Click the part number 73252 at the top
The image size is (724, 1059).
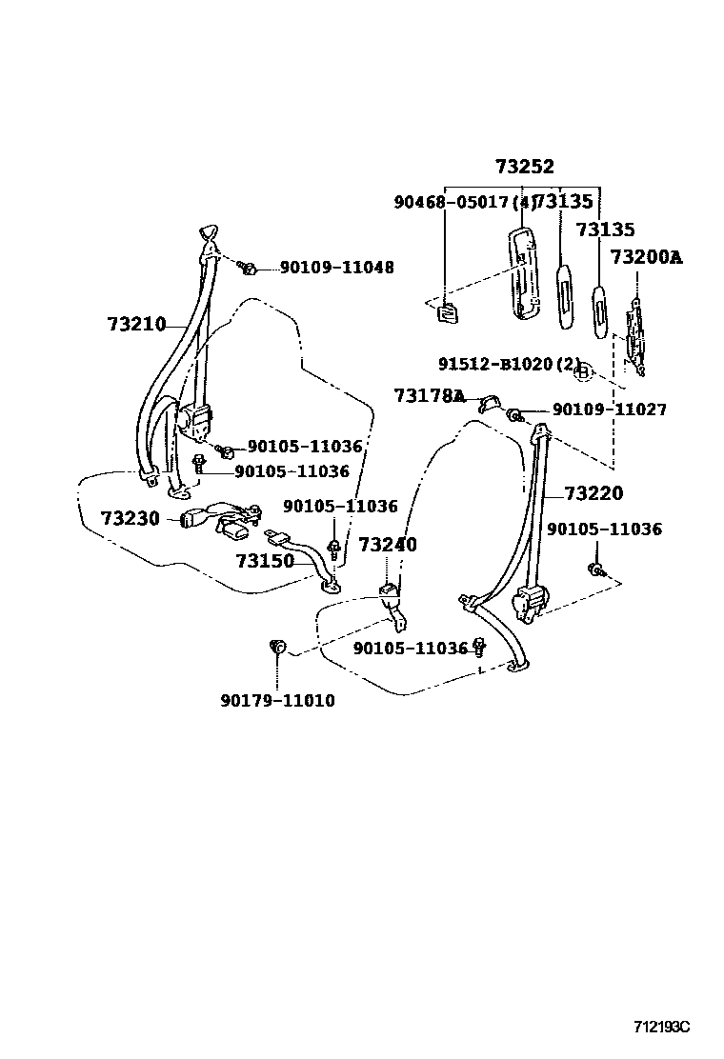[x=524, y=167]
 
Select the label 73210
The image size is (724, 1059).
[x=136, y=325]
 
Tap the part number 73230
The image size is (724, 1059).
[x=131, y=518]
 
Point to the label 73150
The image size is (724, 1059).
[x=265, y=561]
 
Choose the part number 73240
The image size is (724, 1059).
[x=388, y=545]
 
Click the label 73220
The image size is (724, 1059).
[x=593, y=493]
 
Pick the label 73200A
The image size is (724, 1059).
[x=646, y=257]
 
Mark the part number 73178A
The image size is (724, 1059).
[x=429, y=395]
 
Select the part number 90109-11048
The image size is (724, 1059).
[x=336, y=269]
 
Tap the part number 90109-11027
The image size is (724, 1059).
[x=609, y=410]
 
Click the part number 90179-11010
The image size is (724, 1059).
[x=277, y=701]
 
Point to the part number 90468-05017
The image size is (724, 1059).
[x=452, y=202]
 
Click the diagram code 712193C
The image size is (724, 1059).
[x=661, y=1027]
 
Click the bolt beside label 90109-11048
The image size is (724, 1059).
[x=248, y=269]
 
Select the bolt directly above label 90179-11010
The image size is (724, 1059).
[x=278, y=649]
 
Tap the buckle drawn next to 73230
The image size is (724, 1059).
[x=195, y=519]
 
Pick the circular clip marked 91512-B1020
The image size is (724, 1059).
[x=585, y=371]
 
